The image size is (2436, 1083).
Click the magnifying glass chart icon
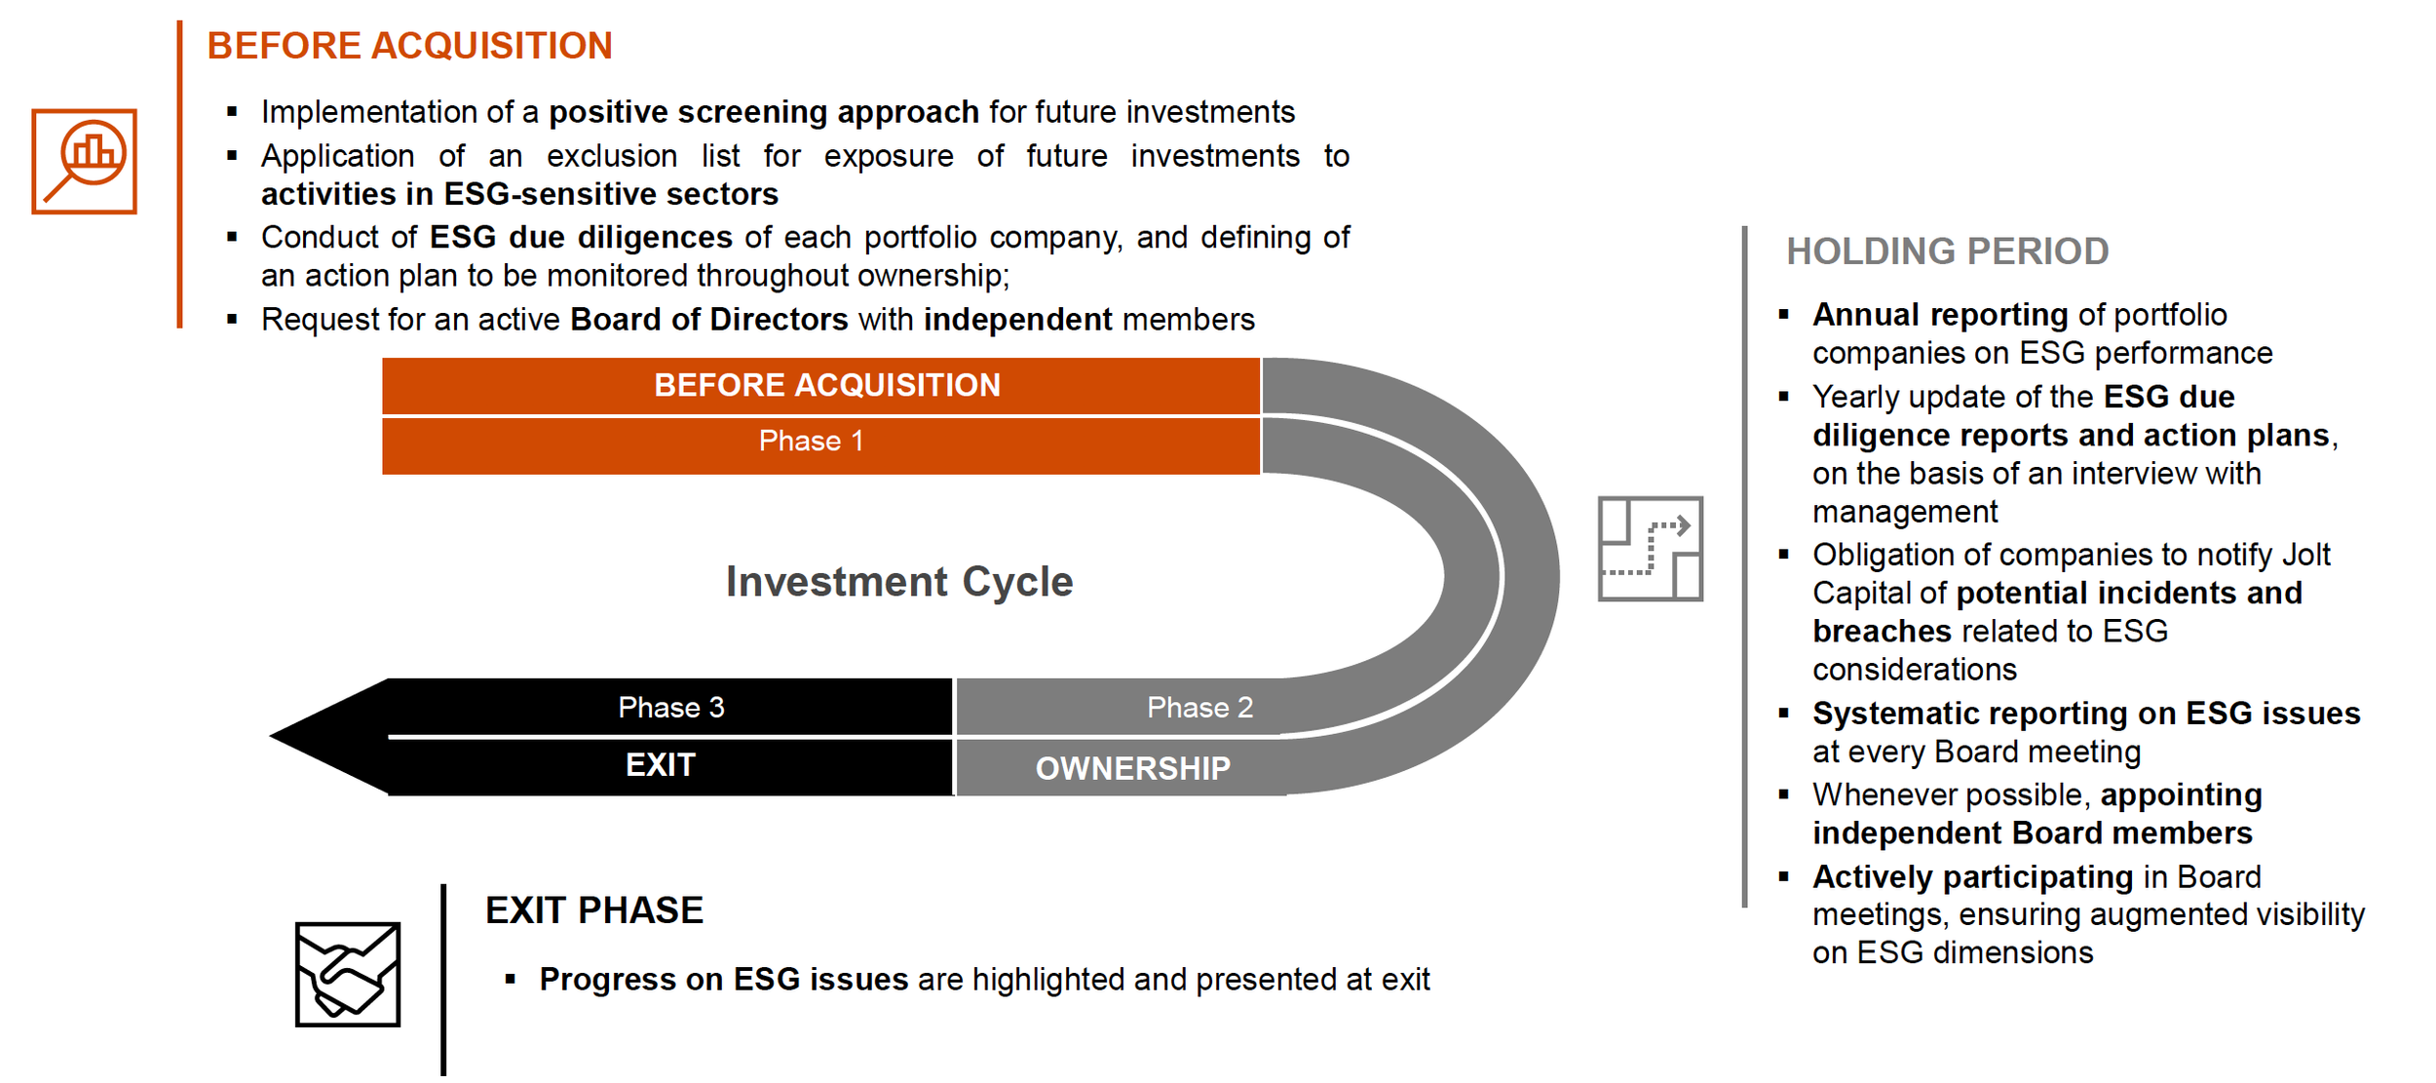pos(84,161)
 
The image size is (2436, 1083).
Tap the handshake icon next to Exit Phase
pos(348,974)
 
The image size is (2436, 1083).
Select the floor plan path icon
pos(1650,549)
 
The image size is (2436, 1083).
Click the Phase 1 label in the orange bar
pos(811,442)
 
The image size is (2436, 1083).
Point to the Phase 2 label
pos(1199,708)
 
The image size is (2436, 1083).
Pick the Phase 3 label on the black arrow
pos(670,708)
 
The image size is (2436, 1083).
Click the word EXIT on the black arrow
pos(660,765)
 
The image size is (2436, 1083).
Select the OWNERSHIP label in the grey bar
pos(1132,769)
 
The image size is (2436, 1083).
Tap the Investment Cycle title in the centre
pos(898,582)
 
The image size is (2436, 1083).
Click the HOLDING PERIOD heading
pos(1947,251)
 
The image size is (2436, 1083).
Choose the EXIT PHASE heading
pos(593,910)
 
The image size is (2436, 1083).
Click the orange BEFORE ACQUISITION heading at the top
pos(409,46)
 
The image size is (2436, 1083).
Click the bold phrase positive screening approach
pos(763,112)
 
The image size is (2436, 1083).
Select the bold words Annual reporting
pos(1939,315)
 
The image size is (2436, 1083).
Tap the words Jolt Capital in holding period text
pos(2305,555)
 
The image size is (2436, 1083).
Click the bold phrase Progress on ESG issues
pos(723,980)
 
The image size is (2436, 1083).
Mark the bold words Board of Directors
pos(708,320)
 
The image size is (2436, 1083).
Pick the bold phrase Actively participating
pos(1972,877)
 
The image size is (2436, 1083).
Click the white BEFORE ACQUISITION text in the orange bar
pos(826,386)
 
